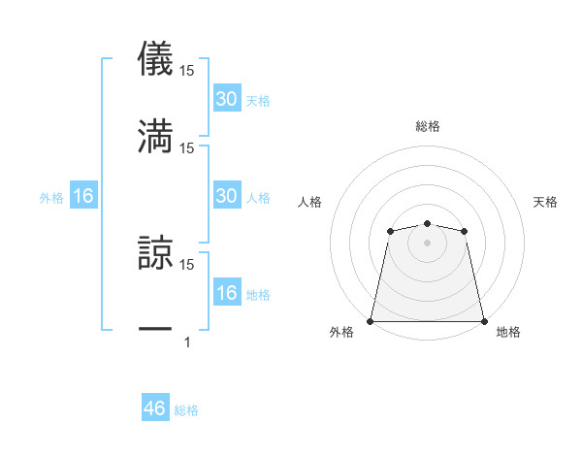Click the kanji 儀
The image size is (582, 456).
click(155, 57)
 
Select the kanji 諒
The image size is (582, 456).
click(155, 251)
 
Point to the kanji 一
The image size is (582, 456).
click(155, 330)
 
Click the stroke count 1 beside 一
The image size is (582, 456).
click(187, 342)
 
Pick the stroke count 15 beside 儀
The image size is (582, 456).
click(187, 70)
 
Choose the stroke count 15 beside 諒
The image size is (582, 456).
click(187, 264)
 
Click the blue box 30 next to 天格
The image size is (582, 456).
click(226, 99)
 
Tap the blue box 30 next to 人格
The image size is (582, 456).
click(226, 196)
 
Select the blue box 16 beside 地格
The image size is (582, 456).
click(226, 293)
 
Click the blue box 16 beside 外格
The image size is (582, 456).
click(83, 196)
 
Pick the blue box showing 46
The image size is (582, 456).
click(155, 408)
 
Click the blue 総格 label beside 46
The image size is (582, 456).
click(186, 410)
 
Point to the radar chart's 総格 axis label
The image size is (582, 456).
click(427, 126)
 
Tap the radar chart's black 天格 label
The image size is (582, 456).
click(546, 202)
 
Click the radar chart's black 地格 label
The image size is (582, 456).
click(508, 333)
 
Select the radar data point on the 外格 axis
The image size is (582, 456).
click(371, 321)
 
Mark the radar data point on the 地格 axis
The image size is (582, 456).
click(484, 321)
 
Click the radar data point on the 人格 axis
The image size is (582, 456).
click(390, 231)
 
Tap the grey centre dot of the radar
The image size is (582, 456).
click(427, 243)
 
